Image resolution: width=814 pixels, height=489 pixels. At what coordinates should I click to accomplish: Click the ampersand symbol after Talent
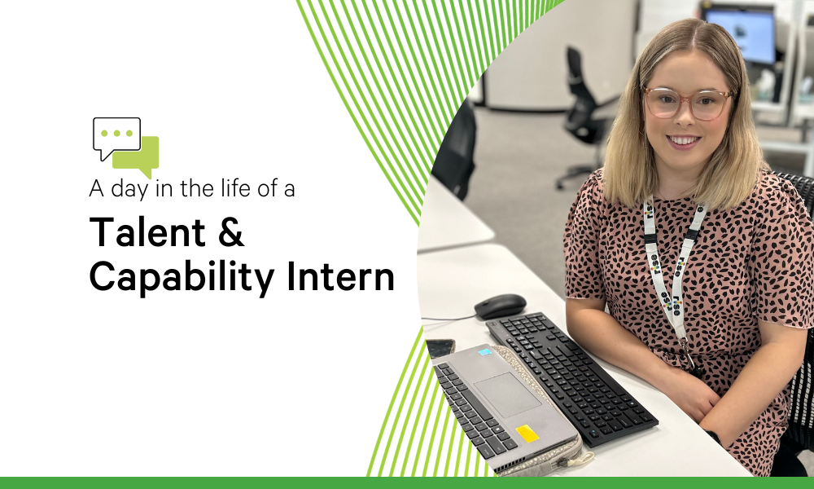click(x=230, y=232)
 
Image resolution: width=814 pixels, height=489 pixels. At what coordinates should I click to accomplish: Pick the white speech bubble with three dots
click(x=116, y=135)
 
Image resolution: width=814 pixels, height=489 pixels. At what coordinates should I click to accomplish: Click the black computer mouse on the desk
click(x=500, y=306)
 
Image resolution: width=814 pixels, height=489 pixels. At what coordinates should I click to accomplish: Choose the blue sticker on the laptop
click(x=485, y=351)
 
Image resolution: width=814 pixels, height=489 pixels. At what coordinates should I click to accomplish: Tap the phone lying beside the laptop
click(x=440, y=347)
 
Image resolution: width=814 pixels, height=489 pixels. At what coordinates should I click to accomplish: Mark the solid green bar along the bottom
click(x=407, y=482)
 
